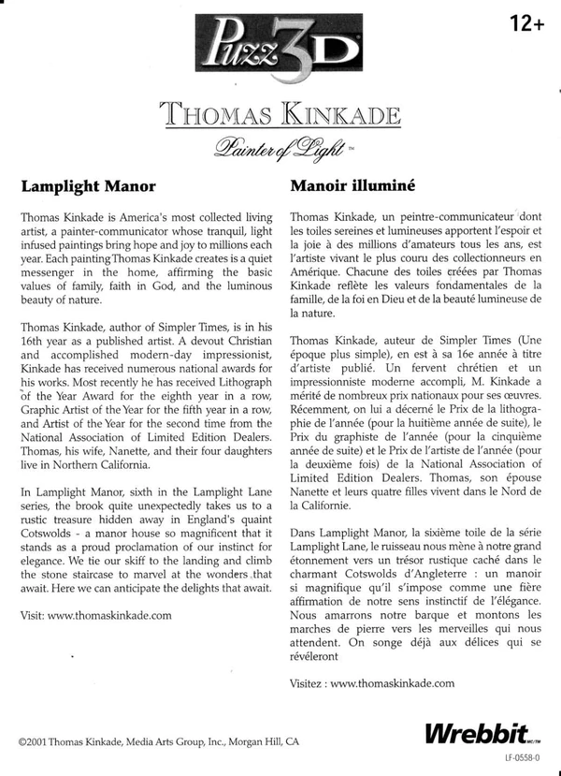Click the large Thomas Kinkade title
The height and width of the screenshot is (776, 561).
click(x=280, y=115)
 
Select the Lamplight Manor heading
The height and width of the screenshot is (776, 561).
click(x=88, y=185)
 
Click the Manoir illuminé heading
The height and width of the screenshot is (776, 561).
click(x=345, y=185)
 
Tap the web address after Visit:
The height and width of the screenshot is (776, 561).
click(x=108, y=615)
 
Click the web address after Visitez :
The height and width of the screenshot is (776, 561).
click(x=393, y=683)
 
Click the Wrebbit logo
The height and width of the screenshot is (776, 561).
click(x=477, y=733)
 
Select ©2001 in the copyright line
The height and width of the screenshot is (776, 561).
click(x=35, y=739)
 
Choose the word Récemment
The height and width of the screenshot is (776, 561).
click(x=322, y=409)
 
